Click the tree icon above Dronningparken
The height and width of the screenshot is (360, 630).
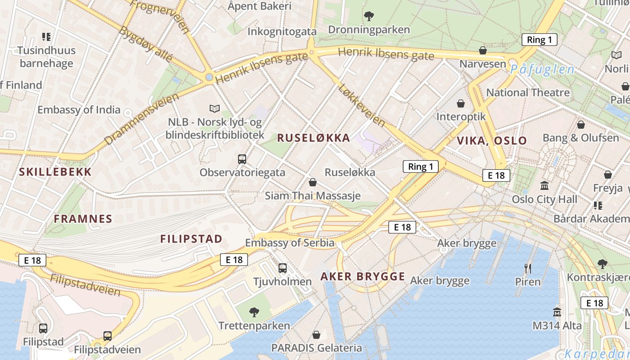tap(369, 17)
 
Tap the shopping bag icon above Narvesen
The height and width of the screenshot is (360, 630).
tap(483, 50)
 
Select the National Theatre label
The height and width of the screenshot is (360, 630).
tap(527, 93)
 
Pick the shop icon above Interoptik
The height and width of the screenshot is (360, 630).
tap(461, 104)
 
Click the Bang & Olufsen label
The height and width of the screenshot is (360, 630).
tap(580, 138)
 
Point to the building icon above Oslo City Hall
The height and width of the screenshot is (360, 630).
tap(544, 185)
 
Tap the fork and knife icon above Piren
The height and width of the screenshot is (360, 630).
tap(528, 269)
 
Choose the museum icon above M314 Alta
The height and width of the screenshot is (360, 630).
tap(557, 312)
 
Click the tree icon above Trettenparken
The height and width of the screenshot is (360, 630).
tap(254, 312)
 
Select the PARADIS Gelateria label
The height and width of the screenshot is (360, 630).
tap(316, 348)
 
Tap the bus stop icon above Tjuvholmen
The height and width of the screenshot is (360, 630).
tap(283, 268)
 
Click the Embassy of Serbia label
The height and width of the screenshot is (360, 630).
tap(289, 243)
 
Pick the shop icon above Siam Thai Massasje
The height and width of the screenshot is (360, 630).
tap(313, 182)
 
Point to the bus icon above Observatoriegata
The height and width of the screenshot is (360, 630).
tap(242, 159)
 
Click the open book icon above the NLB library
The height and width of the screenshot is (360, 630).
tap(215, 108)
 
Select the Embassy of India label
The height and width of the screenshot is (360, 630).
tap(79, 110)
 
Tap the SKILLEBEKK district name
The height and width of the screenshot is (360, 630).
tap(55, 172)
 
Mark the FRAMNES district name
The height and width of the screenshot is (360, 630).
tap(83, 219)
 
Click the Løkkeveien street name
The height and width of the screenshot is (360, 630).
tap(362, 105)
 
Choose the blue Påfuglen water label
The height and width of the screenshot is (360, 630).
tap(542, 70)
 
